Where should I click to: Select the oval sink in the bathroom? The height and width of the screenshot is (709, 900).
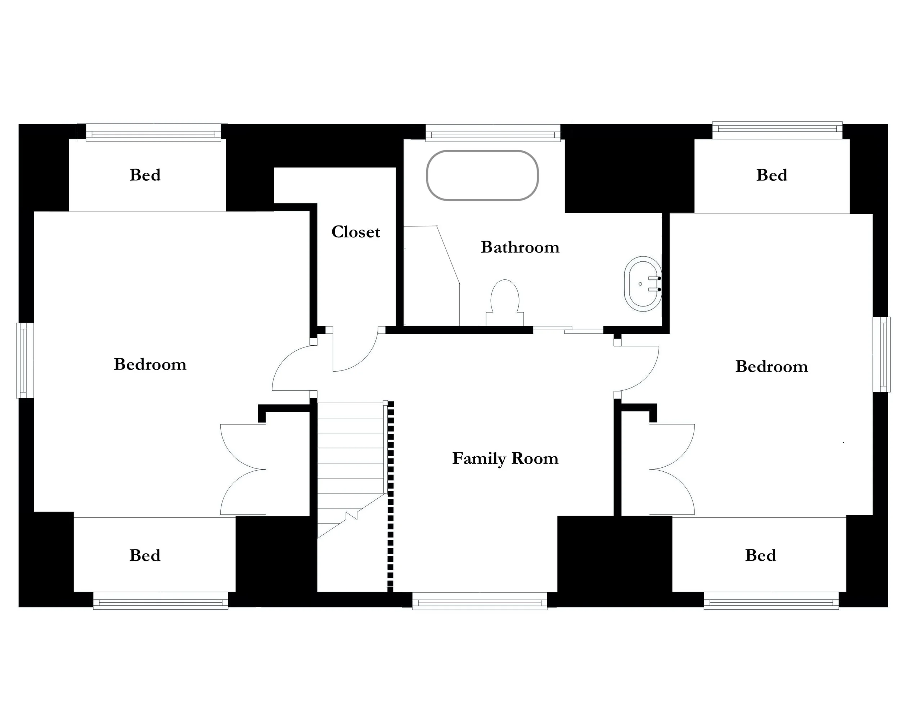(x=643, y=284)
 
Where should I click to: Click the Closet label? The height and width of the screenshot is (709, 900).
(x=356, y=232)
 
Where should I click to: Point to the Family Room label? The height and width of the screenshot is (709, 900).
(x=505, y=459)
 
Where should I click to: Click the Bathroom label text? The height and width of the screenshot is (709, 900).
(x=520, y=247)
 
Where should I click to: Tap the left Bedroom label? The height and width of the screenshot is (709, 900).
(x=150, y=364)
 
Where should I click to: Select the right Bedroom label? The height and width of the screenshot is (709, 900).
(x=771, y=367)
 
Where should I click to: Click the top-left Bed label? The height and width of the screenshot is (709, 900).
(x=145, y=175)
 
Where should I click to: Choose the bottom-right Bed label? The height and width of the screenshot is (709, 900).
(x=760, y=555)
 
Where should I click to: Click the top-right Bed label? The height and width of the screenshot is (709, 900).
(x=771, y=175)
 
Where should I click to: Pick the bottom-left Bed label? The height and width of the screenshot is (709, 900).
(x=144, y=555)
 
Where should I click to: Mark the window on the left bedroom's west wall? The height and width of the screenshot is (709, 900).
(x=24, y=360)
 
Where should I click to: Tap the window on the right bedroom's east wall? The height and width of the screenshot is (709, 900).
(x=881, y=354)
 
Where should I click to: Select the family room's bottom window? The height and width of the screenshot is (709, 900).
(x=479, y=601)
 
